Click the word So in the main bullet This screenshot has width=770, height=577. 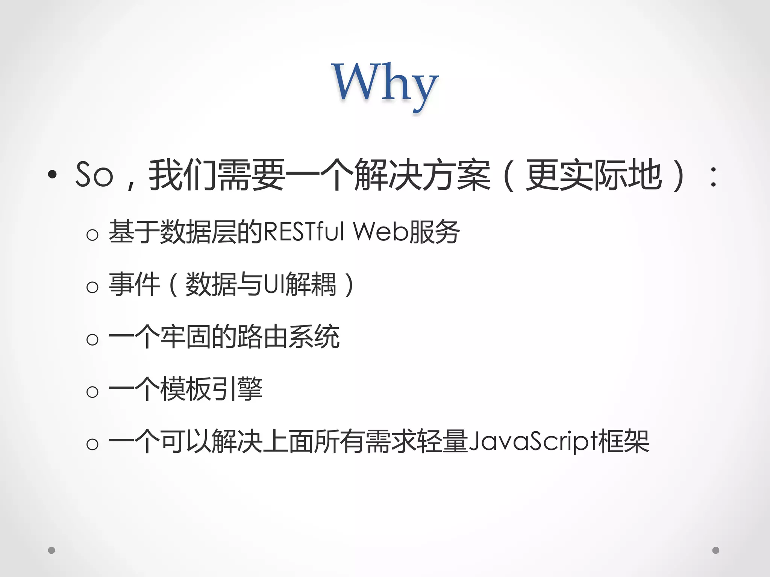pyautogui.click(x=94, y=175)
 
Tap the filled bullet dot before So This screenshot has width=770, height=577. pyautogui.click(x=52, y=174)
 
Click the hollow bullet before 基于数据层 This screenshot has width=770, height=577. pyautogui.click(x=92, y=235)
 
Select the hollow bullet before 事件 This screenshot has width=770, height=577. pyautogui.click(x=92, y=288)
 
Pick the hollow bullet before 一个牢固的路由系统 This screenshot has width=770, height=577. pyautogui.click(x=92, y=340)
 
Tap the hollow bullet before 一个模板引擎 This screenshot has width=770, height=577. pyautogui.click(x=92, y=392)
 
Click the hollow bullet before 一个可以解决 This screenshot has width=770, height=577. pyautogui.click(x=92, y=444)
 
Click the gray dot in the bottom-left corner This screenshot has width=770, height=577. pyautogui.click(x=52, y=550)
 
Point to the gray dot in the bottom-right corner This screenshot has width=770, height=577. pyautogui.click(x=716, y=550)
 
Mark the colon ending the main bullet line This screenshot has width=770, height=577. pyautogui.click(x=713, y=177)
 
